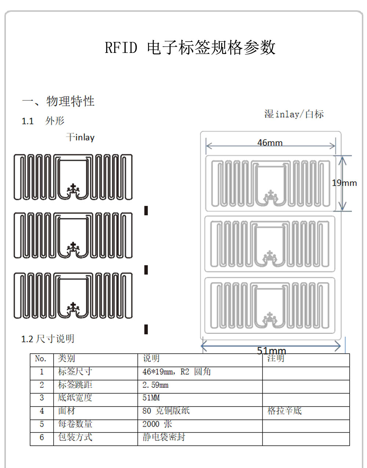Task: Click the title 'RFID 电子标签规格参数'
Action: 190,48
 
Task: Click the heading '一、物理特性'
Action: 58,101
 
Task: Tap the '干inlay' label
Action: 80,137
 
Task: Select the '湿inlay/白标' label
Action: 294,114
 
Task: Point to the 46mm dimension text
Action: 270,143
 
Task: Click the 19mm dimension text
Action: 344,183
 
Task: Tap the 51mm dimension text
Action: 271,350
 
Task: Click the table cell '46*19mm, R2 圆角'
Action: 177,372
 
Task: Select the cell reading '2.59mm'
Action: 155,385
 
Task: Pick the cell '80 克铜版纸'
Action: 166,411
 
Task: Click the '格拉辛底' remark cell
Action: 284,411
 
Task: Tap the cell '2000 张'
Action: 157,424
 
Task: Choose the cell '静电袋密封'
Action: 164,437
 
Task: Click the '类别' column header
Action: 66,359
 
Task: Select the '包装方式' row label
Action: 75,437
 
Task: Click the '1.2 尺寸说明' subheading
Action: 48,339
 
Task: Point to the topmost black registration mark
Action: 146,210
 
